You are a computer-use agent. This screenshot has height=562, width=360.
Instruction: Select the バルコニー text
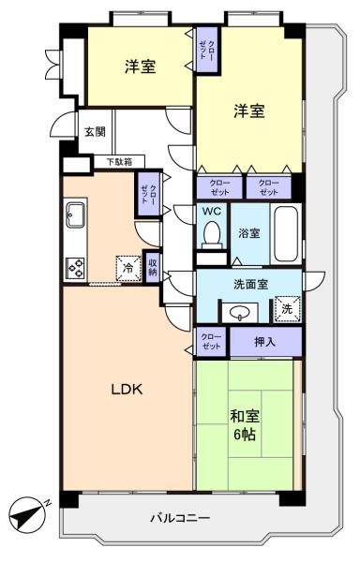coord(180,517)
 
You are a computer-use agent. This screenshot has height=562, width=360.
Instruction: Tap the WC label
coord(212,211)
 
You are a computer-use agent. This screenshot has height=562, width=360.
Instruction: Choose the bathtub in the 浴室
coord(287,233)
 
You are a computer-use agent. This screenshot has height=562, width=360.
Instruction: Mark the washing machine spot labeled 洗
coord(284,306)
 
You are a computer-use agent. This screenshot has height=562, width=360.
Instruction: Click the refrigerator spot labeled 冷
coord(126,267)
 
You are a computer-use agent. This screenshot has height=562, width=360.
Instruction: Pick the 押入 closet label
coord(265,343)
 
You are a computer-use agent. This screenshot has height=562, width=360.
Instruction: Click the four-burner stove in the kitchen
coord(75,268)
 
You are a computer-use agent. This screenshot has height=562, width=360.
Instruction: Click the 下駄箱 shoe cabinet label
coord(118,162)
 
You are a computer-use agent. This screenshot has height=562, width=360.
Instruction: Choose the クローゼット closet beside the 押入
coord(211,342)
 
